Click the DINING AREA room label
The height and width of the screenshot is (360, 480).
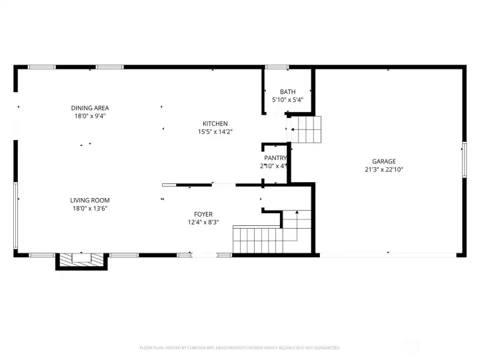point(90,108)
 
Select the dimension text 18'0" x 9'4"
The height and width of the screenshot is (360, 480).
point(90,116)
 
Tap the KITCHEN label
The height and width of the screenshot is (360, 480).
point(215,123)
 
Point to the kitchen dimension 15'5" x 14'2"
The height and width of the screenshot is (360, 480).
point(215,132)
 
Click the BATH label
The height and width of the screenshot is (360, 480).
point(287,92)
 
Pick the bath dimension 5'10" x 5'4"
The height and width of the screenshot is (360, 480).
point(287,100)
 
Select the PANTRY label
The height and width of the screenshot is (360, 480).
point(275,158)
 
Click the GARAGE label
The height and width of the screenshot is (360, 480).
point(384,161)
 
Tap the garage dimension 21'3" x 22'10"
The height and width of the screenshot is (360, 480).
point(384,169)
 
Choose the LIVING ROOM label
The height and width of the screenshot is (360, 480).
point(90,200)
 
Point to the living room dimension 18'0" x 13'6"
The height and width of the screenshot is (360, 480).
point(90,208)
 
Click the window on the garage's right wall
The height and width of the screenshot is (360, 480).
point(464,160)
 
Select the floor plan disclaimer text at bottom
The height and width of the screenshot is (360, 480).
point(240,347)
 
